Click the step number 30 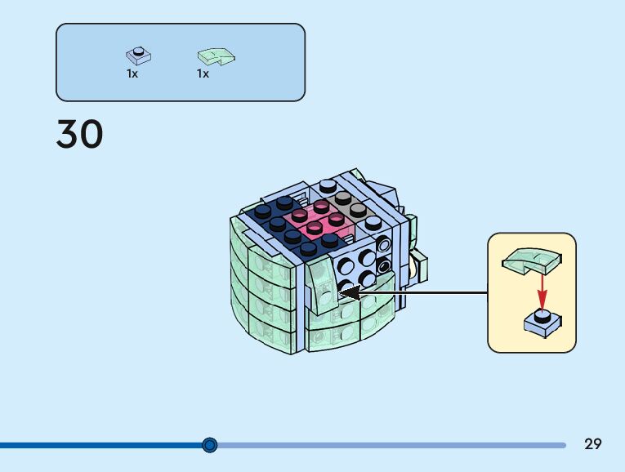coord(80,134)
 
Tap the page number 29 coord(592,443)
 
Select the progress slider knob coord(210,444)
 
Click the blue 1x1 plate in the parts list coord(138,56)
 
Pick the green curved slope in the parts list coord(216,56)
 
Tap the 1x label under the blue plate coord(132,73)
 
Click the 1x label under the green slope coord(203,73)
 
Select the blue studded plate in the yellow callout coord(542,323)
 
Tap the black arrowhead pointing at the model coord(350,293)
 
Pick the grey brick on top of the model coord(346,205)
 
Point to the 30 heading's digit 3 coord(68,134)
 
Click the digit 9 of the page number coord(597,443)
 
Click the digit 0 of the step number coord(92,134)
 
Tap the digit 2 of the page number coord(588,443)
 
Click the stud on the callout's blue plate coord(542,315)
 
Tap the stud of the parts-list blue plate coord(138,51)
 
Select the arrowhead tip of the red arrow coord(542,309)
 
